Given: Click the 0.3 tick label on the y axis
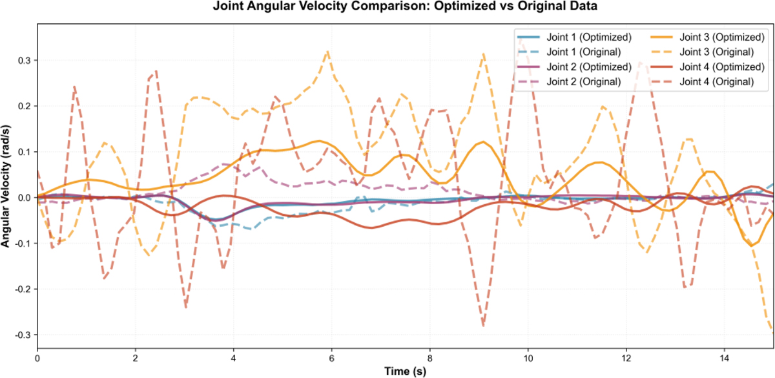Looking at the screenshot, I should coord(23,60).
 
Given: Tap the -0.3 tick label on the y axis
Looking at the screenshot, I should coord(21,335).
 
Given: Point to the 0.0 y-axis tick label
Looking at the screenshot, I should coord(23,198).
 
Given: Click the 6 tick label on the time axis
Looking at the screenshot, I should coord(332,357).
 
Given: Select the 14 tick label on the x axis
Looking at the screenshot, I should coord(724,357).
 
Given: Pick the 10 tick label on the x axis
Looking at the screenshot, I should coord(528,357).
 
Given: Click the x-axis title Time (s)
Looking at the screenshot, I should coord(406,371).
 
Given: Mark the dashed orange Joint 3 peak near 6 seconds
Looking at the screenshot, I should coord(328,52).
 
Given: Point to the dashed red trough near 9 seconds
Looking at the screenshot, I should coord(482,325).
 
